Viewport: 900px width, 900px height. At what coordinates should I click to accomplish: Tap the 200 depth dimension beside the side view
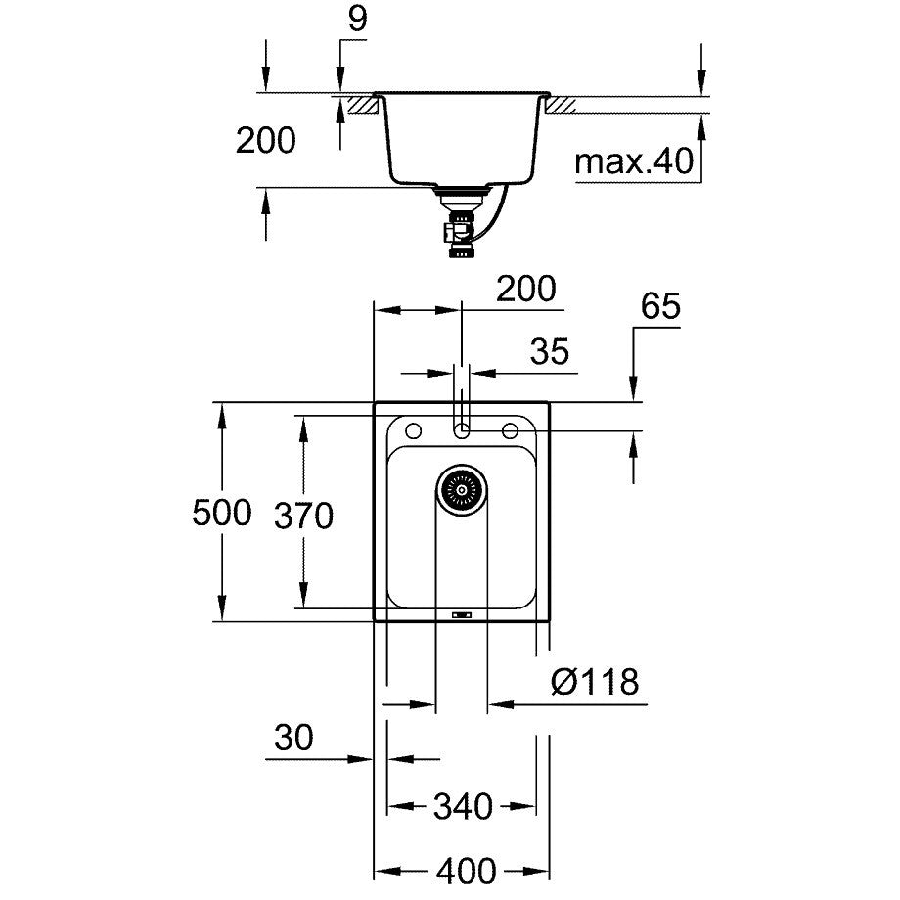pyautogui.click(x=265, y=141)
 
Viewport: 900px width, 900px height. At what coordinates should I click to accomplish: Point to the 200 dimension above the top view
pyautogui.click(x=525, y=290)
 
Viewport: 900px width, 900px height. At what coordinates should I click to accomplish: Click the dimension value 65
pyautogui.click(x=660, y=307)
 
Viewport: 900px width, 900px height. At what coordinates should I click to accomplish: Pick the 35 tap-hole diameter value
pyautogui.click(x=551, y=352)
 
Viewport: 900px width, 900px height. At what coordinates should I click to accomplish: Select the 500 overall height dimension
pyautogui.click(x=222, y=513)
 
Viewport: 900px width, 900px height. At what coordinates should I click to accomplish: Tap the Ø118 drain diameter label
pyautogui.click(x=595, y=681)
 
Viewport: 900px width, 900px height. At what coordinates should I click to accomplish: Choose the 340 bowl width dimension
pyautogui.click(x=462, y=807)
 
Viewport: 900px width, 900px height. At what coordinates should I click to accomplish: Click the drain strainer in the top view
pyautogui.click(x=461, y=487)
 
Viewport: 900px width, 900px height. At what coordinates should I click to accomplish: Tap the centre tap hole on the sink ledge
pyautogui.click(x=462, y=430)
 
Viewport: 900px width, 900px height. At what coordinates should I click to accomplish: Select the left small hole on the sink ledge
pyautogui.click(x=412, y=430)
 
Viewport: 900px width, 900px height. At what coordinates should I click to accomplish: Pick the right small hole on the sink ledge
pyautogui.click(x=510, y=430)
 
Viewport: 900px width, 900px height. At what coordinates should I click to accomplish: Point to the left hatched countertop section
pyautogui.click(x=361, y=104)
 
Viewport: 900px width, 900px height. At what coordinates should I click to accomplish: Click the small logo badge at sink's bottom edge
pyautogui.click(x=462, y=615)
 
